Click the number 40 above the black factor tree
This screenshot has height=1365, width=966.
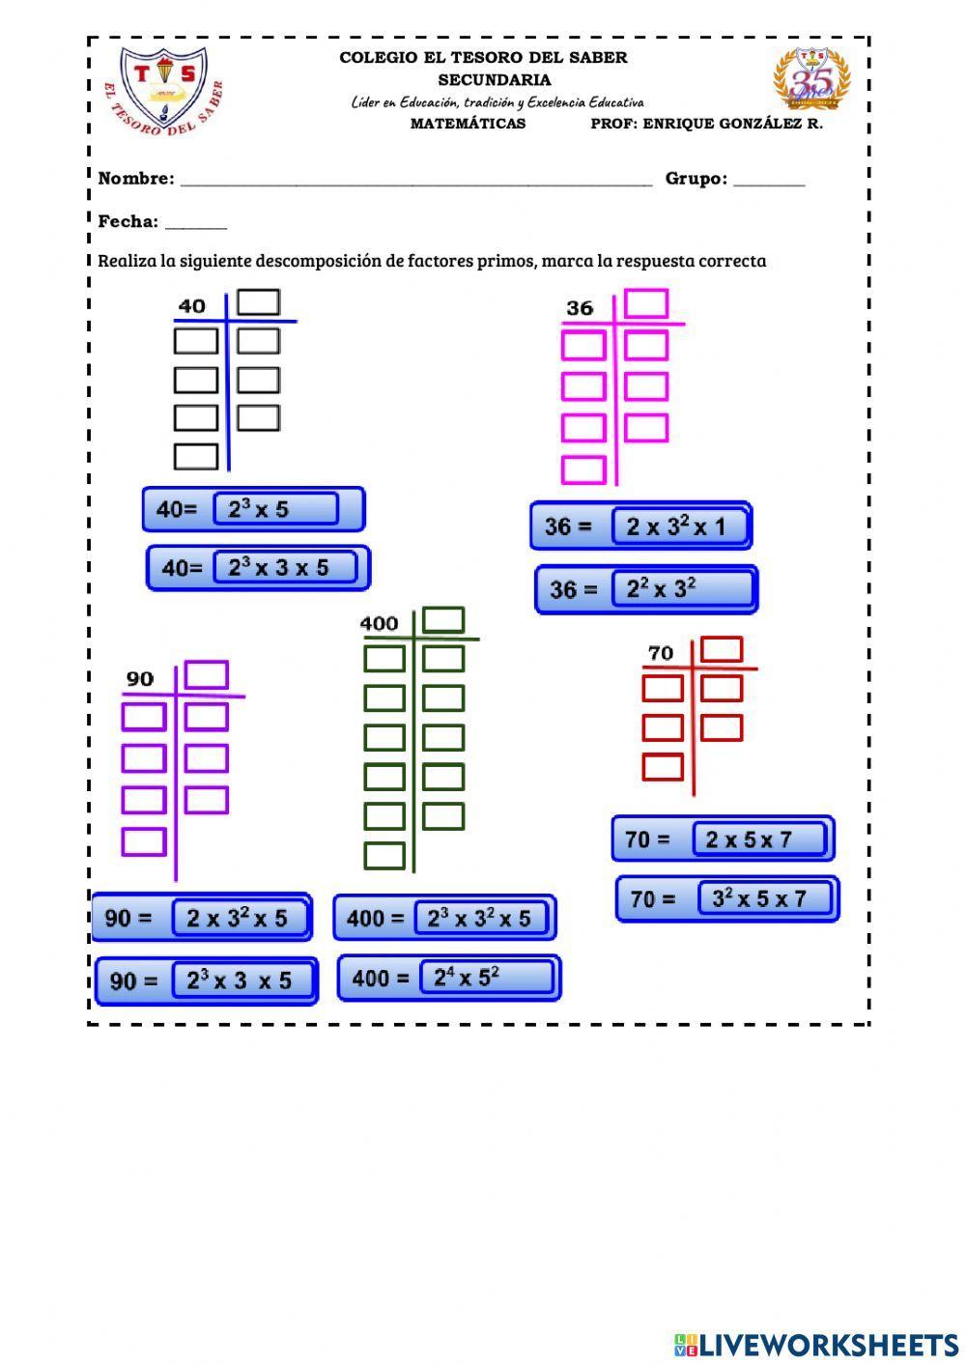pos(192,306)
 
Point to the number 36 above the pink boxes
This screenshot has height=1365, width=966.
pos(580,308)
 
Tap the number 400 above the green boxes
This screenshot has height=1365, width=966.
pos(379,623)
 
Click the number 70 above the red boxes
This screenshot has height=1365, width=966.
pos(661,654)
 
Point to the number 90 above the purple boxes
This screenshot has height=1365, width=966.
pos(140,679)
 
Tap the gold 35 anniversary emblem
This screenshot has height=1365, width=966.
pos(811,79)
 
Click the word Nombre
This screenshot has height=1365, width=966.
pos(136,179)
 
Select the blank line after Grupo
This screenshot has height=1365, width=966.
pos(769,180)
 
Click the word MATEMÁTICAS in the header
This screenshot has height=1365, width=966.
pos(469,124)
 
